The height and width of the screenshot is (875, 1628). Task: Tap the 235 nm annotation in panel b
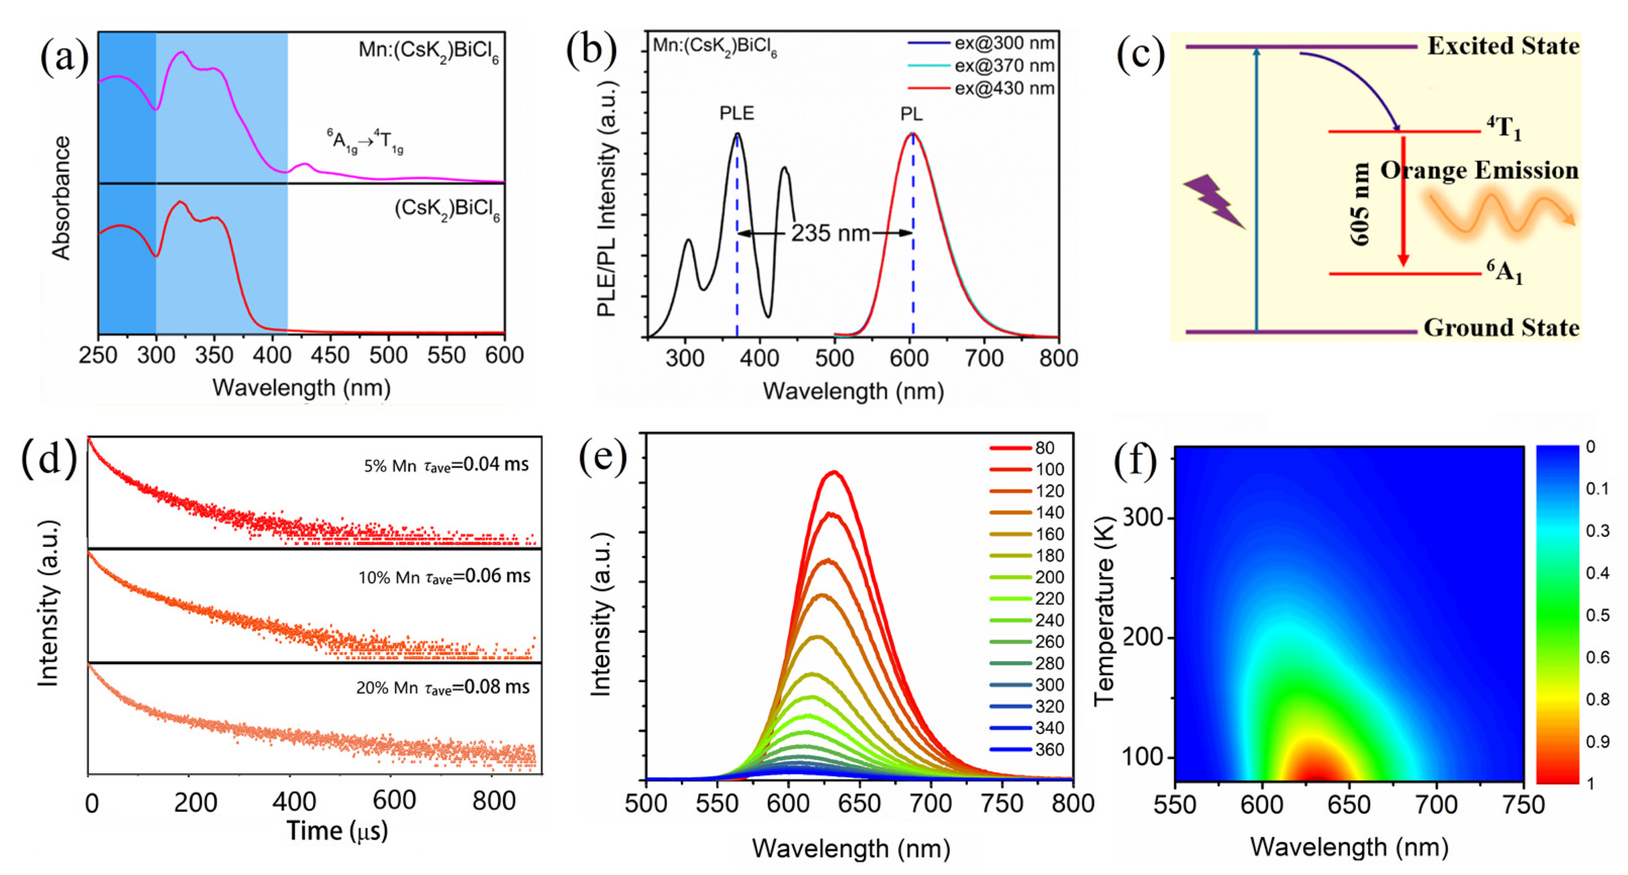pos(830,234)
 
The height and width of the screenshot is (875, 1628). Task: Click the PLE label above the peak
pos(736,113)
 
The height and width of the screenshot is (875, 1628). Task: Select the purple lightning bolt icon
pos(1213,201)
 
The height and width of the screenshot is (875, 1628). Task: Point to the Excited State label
pos(1503,46)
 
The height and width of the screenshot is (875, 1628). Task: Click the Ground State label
pos(1501,328)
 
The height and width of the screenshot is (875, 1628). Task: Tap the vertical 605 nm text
pos(1359,204)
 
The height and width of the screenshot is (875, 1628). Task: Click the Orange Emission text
pos(1479,171)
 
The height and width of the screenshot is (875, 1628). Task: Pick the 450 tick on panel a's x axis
pos(330,355)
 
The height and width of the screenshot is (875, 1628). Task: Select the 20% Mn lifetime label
pos(443,687)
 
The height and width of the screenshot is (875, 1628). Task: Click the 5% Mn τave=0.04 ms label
pos(446,466)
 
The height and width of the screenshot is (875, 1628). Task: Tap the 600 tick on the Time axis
pos(394,801)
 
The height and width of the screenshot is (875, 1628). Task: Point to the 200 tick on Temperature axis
pos(1142,637)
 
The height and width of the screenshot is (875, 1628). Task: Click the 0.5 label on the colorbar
pos(1598,615)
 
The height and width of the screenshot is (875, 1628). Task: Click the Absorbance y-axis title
pos(61,198)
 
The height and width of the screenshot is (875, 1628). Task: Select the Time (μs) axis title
pos(337,831)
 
